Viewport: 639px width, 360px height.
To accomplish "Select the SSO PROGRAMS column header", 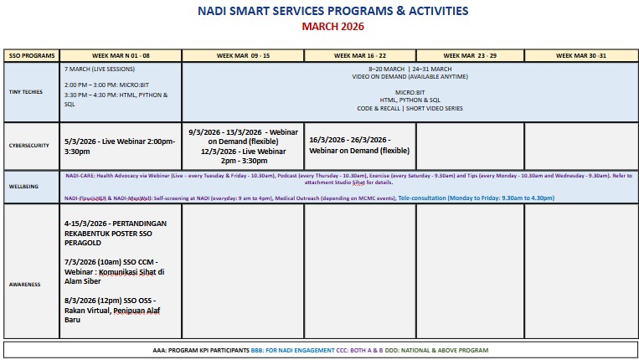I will point(31,55).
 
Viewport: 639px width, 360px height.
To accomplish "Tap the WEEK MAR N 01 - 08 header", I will point(121,55).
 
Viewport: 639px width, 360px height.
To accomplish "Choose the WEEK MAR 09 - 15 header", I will point(243,55).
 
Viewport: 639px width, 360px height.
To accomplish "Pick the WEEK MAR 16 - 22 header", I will point(360,55).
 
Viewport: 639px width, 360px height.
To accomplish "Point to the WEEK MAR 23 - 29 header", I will point(470,55).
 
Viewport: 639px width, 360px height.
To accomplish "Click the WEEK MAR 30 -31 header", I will point(581,55).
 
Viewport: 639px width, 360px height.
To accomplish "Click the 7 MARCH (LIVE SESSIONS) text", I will point(100,69).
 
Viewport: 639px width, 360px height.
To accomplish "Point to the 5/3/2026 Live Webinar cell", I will point(119,146).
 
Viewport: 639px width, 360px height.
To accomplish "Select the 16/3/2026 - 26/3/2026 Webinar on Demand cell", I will point(359,145).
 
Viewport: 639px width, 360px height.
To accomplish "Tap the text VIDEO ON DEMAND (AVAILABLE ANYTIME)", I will point(410,76).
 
